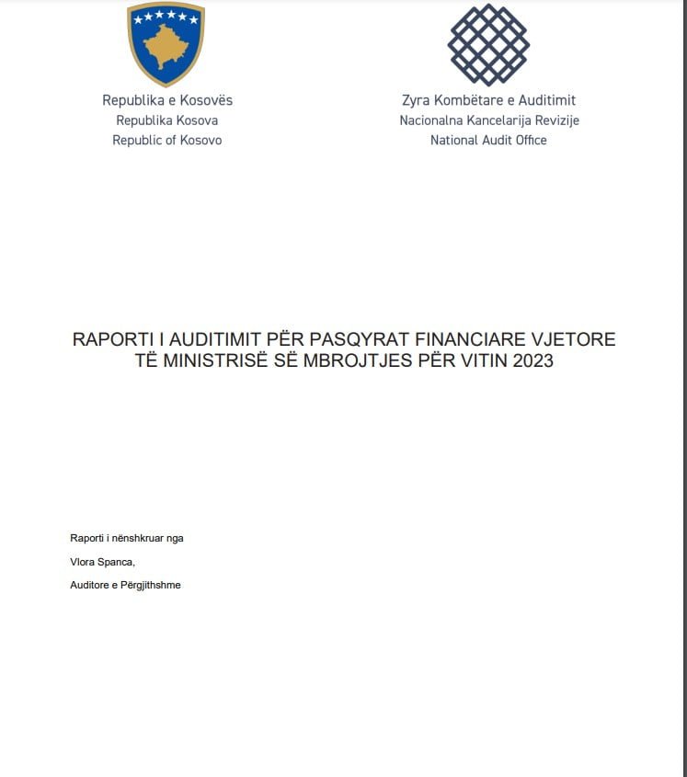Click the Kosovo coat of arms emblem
tap(166, 43)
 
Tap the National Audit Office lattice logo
tap(488, 43)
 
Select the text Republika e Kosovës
tap(167, 100)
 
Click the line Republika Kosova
tap(167, 120)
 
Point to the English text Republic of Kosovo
tap(167, 141)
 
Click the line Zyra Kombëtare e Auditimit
tap(488, 100)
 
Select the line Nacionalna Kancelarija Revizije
tap(488, 120)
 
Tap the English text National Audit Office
tap(488, 141)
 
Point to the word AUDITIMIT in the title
tap(214, 339)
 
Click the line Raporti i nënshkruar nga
tap(127, 538)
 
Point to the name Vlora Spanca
tap(102, 562)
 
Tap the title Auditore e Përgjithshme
tap(125, 585)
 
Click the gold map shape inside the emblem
tap(166, 46)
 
